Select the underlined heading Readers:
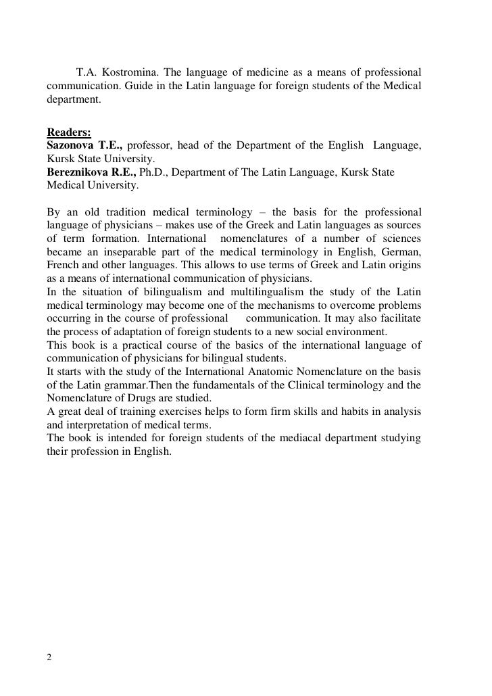(x=68, y=132)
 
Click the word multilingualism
(x=267, y=291)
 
